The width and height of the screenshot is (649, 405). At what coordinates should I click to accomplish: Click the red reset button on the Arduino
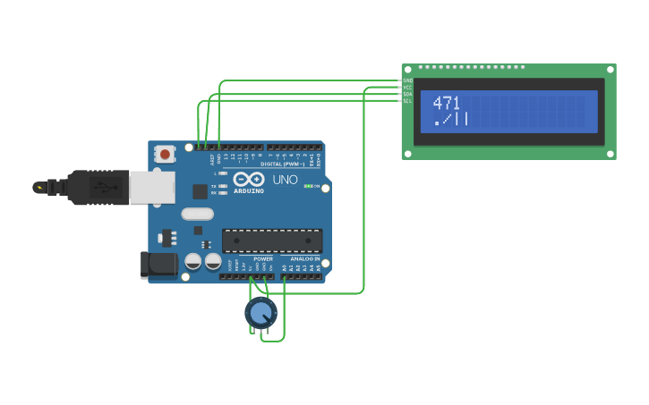pyautogui.click(x=165, y=154)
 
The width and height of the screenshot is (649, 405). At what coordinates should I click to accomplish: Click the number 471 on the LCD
pyautogui.click(x=446, y=103)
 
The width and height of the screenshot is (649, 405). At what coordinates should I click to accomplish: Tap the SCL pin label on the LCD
pyautogui.click(x=407, y=101)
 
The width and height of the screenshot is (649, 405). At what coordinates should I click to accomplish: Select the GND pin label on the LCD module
pyautogui.click(x=407, y=80)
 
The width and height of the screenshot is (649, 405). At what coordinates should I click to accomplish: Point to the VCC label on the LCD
pyautogui.click(x=407, y=87)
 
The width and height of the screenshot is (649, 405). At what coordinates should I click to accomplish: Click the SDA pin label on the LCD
pyautogui.click(x=407, y=94)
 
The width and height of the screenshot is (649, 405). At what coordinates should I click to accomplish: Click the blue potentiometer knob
pyautogui.click(x=260, y=313)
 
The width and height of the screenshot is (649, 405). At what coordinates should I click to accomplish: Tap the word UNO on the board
pyautogui.click(x=285, y=181)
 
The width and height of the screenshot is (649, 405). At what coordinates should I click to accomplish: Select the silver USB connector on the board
pyautogui.click(x=151, y=187)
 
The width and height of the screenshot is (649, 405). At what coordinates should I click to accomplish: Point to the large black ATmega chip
pyautogui.click(x=271, y=240)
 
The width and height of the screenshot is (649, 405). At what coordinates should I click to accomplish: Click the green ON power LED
pyautogui.click(x=308, y=186)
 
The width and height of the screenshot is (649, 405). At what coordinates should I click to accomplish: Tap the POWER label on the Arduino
pyautogui.click(x=262, y=259)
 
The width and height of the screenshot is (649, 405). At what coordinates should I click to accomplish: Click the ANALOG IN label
pyautogui.click(x=304, y=259)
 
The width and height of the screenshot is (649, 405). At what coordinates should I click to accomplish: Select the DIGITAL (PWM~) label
pyautogui.click(x=283, y=164)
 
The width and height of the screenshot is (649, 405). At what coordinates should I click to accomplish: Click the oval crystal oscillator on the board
pyautogui.click(x=197, y=214)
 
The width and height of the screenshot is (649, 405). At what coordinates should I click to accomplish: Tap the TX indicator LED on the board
pyautogui.click(x=222, y=186)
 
